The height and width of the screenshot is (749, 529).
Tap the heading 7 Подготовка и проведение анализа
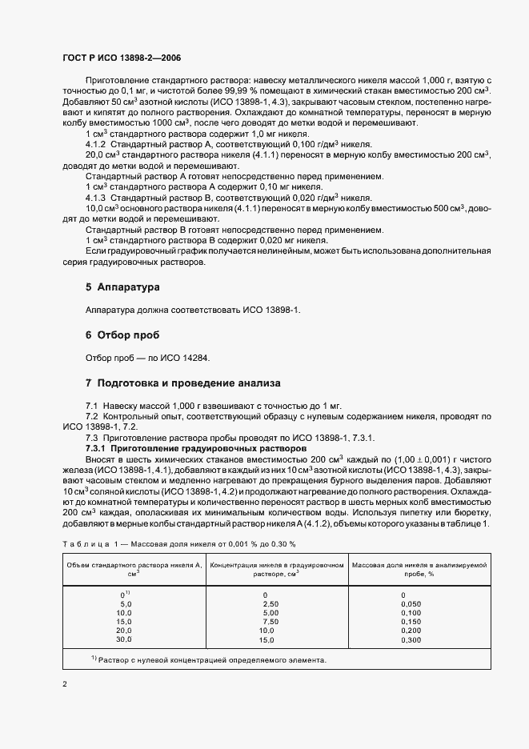tap(182, 383)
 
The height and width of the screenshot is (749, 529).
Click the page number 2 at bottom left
tap(66, 684)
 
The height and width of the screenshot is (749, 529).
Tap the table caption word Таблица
tap(82, 544)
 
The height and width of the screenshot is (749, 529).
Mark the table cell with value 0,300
tap(410, 639)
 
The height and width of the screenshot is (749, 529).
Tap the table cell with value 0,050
tap(410, 605)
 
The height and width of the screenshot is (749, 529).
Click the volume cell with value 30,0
tap(124, 639)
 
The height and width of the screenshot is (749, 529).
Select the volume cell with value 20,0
tap(124, 631)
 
